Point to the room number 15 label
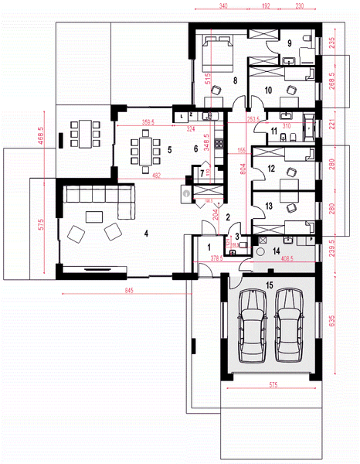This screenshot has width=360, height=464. [269, 285]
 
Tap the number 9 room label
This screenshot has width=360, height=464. [289, 43]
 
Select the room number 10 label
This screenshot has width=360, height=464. [269, 90]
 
